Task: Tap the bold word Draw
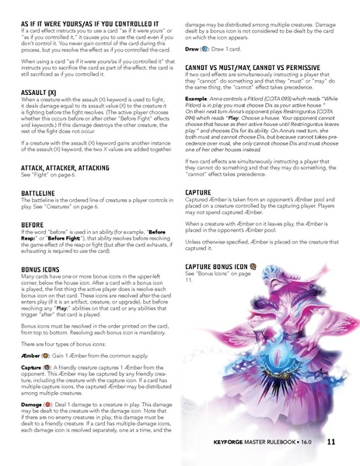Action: (x=194, y=47)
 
